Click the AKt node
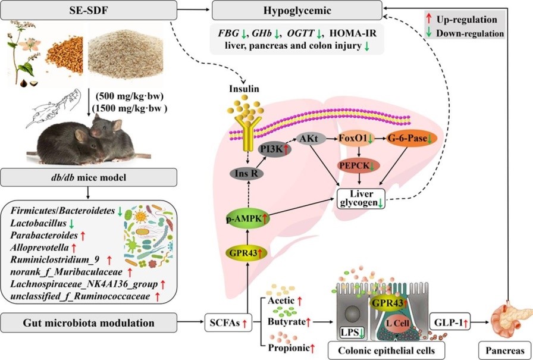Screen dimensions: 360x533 click(312, 138)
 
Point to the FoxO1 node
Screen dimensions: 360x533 click(356, 139)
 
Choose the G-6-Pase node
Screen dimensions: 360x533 click(411, 138)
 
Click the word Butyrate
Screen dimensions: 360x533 click(285, 321)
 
